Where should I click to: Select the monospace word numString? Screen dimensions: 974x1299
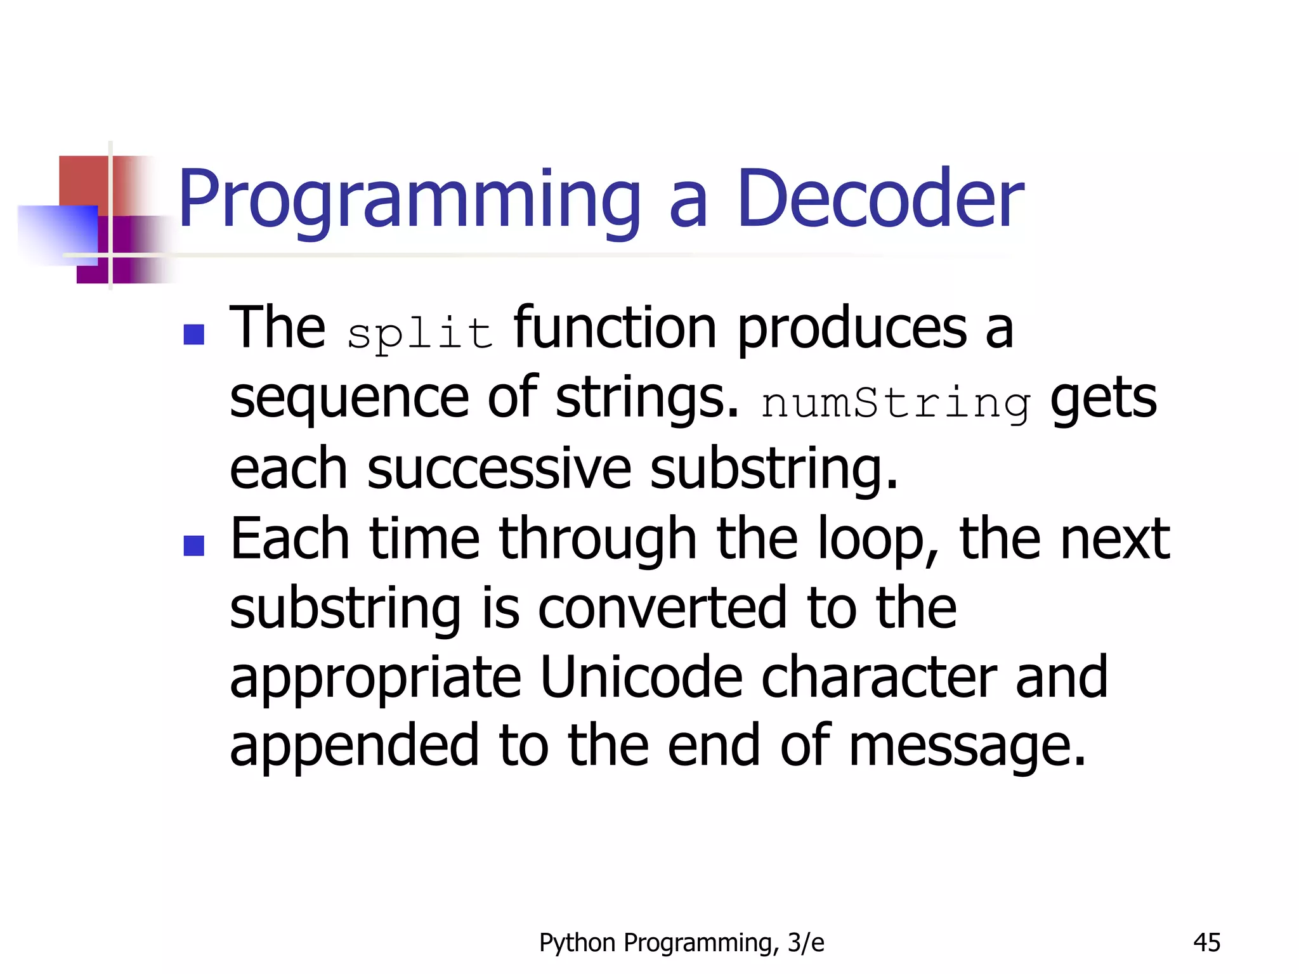point(896,403)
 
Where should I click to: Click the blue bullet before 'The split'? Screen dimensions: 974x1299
point(193,334)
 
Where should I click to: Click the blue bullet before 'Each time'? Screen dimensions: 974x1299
point(193,545)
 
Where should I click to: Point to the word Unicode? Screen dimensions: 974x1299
point(641,677)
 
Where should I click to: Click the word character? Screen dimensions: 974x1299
point(878,677)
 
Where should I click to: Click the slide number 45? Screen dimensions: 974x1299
point(1206,943)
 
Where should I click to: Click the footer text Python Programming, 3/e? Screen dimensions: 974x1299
point(681,943)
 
